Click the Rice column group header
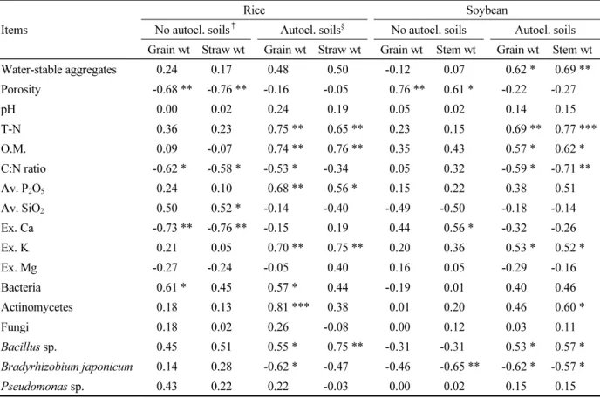[x=254, y=10]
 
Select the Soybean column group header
[x=487, y=10]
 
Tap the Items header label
[x=14, y=30]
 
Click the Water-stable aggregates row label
[x=58, y=70]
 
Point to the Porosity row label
[x=21, y=90]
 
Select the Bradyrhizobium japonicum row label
[x=66, y=367]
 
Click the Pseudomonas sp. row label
[x=42, y=387]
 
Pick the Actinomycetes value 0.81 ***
[x=288, y=307]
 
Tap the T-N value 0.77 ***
[x=576, y=129]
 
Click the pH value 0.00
[x=167, y=109]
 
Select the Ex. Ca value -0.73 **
[x=172, y=228]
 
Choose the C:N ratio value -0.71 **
[x=570, y=168]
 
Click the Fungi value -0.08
[x=336, y=327]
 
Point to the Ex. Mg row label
[x=19, y=268]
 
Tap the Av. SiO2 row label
[x=22, y=209]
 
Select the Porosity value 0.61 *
[x=458, y=90]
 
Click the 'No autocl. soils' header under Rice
[x=195, y=30]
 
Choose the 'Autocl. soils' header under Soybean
[x=545, y=30]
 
